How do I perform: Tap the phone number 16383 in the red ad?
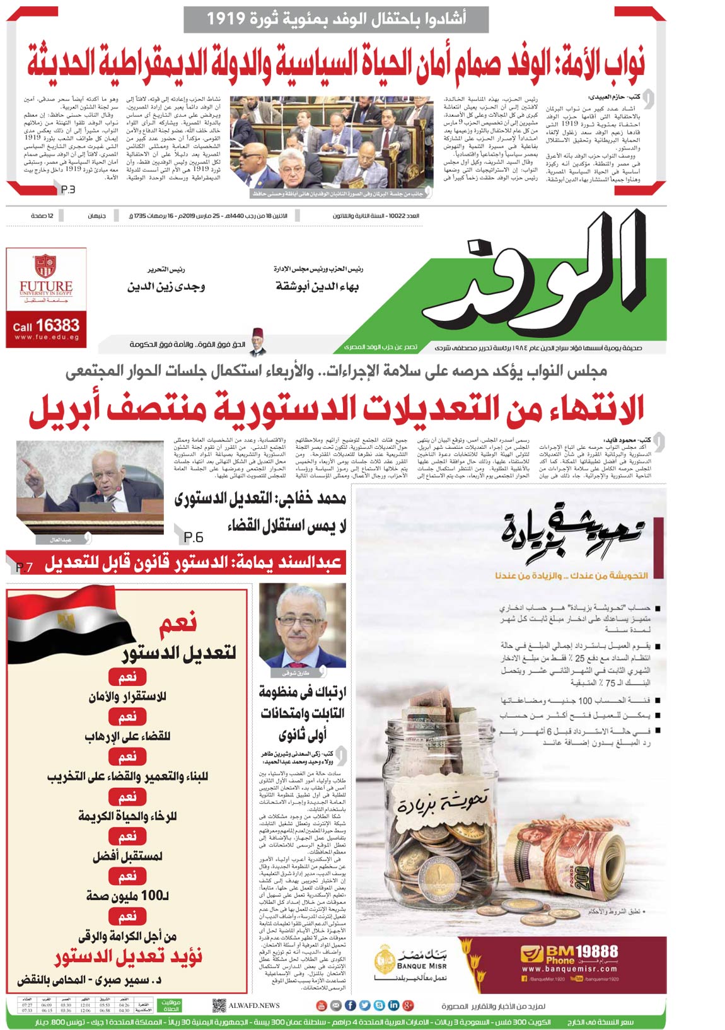[x=57, y=325]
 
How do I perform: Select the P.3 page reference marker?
[x=68, y=189]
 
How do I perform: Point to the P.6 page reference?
[x=193, y=537]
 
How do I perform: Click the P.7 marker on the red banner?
[x=24, y=567]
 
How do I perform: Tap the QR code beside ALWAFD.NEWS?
[x=219, y=1005]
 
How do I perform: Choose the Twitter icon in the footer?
[x=364, y=1005]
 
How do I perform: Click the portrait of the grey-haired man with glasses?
[x=303, y=625]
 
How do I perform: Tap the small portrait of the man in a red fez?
[x=256, y=341]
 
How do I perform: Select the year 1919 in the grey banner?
[x=226, y=18]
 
